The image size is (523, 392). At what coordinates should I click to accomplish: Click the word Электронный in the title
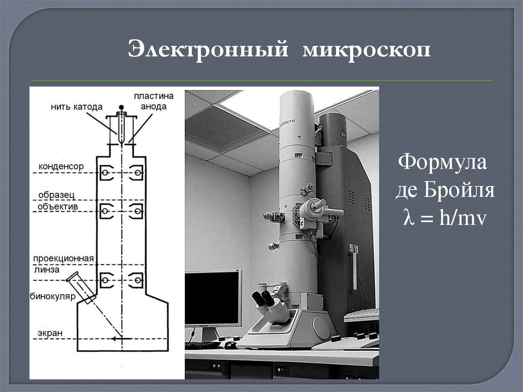pos(208,50)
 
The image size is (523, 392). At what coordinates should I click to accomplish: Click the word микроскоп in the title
pos(366,51)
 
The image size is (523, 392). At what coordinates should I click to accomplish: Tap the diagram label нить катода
pos(77,107)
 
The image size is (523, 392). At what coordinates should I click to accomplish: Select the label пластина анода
pos(154,101)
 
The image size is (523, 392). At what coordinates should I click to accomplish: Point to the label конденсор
pos(61,166)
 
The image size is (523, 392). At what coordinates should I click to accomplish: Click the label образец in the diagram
pos(56,195)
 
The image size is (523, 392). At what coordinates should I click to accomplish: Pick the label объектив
pos(58,206)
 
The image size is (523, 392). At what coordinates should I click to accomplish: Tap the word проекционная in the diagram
pos(63,259)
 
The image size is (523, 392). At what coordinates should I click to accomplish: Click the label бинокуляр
pos(53,296)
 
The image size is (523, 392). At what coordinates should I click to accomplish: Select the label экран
pos(50,333)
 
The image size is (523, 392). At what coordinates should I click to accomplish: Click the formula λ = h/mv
pos(445,218)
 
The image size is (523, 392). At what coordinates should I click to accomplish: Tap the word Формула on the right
pos(442,163)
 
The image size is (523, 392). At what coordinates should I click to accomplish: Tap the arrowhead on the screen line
pos(114,339)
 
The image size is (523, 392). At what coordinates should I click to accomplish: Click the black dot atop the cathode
pos(122,107)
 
